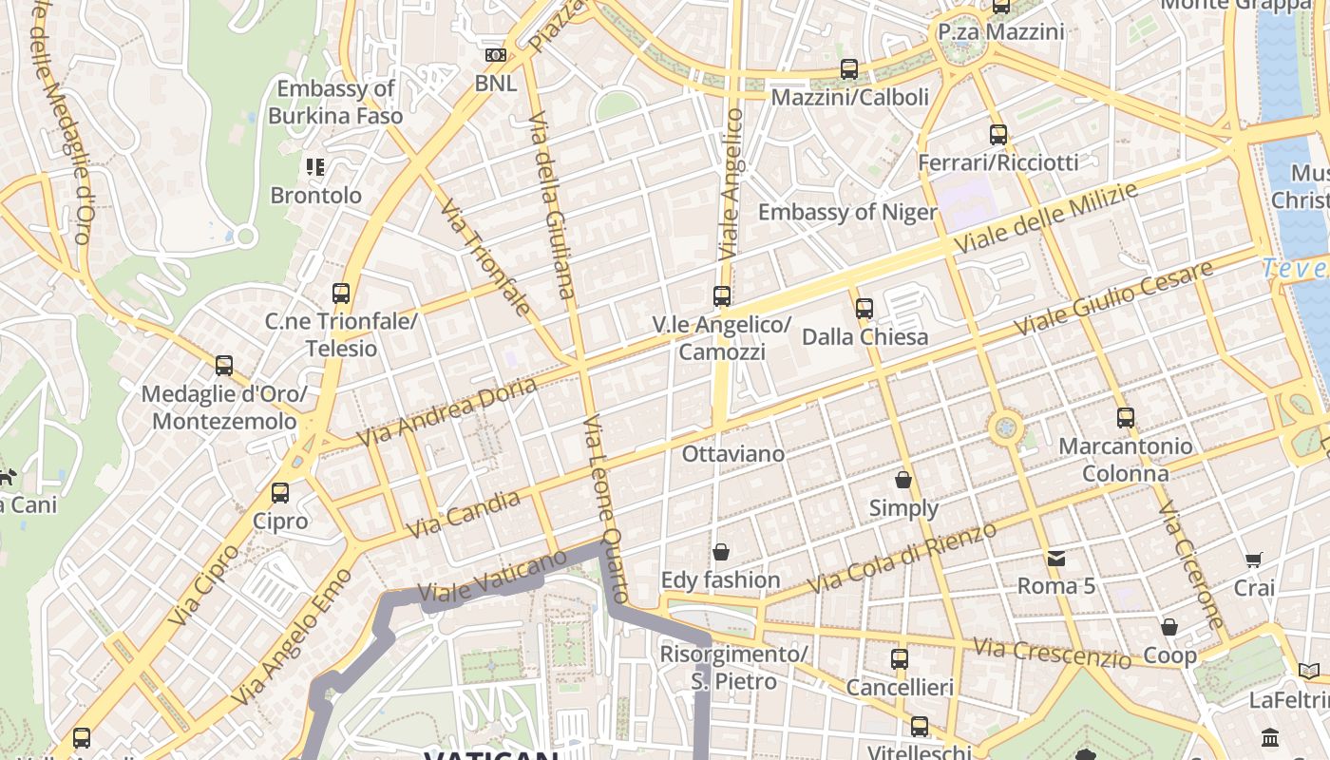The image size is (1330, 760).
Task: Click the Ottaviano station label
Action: [x=733, y=454]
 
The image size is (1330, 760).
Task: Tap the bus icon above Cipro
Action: [x=280, y=493]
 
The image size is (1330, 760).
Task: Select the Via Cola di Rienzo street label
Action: [x=902, y=559]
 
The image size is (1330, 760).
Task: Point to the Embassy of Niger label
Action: [x=847, y=212]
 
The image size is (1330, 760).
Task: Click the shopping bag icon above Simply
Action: [x=903, y=480]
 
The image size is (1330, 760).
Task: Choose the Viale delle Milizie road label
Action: [x=1045, y=219]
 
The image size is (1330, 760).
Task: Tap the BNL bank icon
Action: [x=496, y=55]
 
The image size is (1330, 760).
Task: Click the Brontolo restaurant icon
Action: [x=315, y=167]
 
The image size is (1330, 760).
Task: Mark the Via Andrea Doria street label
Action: [x=446, y=412]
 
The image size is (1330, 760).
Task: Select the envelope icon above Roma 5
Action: [x=1056, y=558]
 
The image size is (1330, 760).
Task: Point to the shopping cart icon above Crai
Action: [x=1254, y=560]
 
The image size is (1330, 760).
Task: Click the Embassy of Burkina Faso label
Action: [x=335, y=103]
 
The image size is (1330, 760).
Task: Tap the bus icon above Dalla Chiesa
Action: [x=864, y=308]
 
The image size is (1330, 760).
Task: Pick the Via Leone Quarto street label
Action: [x=605, y=508]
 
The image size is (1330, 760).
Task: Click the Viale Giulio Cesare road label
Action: [x=1113, y=297]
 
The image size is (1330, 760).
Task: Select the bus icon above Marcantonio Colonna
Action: [x=1126, y=417]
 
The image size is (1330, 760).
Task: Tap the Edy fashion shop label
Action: [x=721, y=579]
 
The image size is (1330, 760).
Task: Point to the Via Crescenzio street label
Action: [x=1052, y=653]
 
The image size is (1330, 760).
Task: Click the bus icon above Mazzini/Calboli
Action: [x=849, y=69]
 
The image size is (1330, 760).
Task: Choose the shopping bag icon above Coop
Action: [x=1169, y=627]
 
